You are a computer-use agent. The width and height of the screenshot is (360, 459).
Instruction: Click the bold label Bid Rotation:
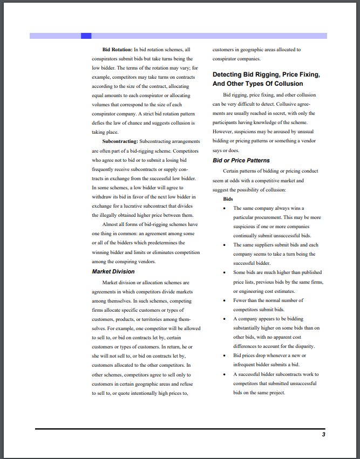point(117,50)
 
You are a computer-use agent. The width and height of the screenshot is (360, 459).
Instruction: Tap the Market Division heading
point(113,271)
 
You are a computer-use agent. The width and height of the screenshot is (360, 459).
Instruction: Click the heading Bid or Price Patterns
point(241,160)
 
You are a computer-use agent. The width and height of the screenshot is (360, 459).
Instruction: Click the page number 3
point(323,435)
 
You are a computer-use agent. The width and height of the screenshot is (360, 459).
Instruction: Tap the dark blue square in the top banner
point(86,36)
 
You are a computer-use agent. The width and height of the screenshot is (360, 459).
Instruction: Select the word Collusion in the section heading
point(288,84)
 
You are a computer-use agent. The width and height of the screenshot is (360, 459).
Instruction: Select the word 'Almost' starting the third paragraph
point(111,224)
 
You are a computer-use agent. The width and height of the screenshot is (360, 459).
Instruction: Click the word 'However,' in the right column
point(223,132)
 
